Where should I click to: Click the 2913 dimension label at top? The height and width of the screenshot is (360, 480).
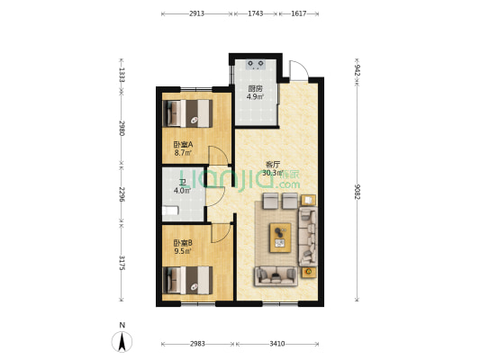[x=196, y=13]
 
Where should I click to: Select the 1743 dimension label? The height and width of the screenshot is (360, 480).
[x=256, y=13]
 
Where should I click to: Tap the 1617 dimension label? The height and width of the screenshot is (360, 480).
[x=299, y=13]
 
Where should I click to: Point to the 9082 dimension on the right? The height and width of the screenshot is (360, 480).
[x=357, y=192]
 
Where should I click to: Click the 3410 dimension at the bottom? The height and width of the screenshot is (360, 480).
[x=277, y=344]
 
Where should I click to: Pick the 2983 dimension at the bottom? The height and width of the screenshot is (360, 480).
[x=197, y=344]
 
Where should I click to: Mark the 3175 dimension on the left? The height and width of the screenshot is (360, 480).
[x=122, y=263]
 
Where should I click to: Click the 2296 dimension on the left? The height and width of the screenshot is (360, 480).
[x=122, y=194]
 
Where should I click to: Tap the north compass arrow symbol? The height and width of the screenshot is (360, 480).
[x=122, y=342]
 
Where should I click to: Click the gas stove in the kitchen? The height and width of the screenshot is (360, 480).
[x=256, y=65]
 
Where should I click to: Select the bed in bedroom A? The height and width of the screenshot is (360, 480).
[x=187, y=113]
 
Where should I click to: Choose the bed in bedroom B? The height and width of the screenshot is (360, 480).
[x=187, y=280]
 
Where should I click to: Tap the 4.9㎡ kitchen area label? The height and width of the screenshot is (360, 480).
[x=256, y=97]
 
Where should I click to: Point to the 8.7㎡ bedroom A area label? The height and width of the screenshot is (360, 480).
[x=183, y=152]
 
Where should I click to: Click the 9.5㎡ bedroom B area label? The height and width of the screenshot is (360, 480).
[x=183, y=251]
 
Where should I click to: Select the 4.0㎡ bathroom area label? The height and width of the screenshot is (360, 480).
[x=183, y=191]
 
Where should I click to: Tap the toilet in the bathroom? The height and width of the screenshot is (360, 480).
[x=169, y=211]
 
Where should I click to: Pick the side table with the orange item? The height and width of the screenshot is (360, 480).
[x=309, y=272]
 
